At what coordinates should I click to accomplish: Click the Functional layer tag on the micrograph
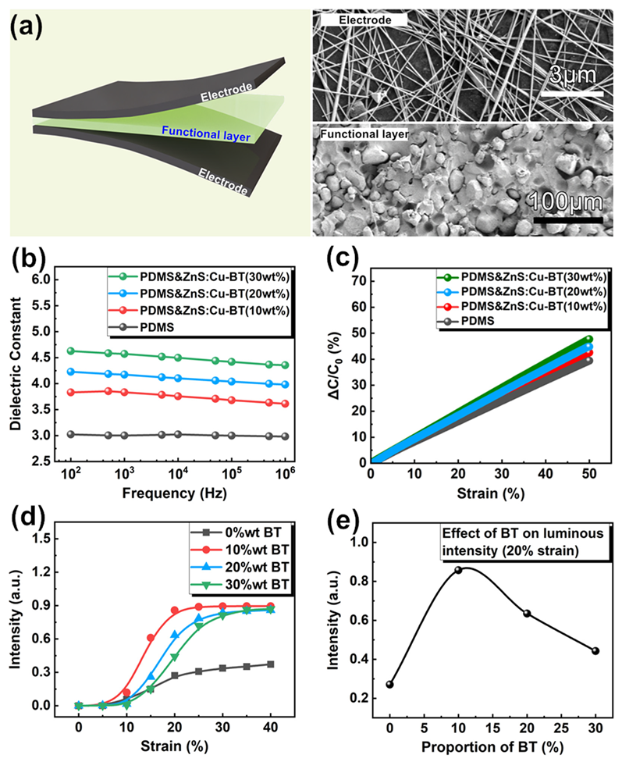(x=364, y=134)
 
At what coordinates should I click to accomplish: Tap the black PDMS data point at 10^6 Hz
(x=285, y=436)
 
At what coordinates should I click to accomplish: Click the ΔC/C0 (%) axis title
(x=330, y=369)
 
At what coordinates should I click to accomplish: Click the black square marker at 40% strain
(x=291, y=664)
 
